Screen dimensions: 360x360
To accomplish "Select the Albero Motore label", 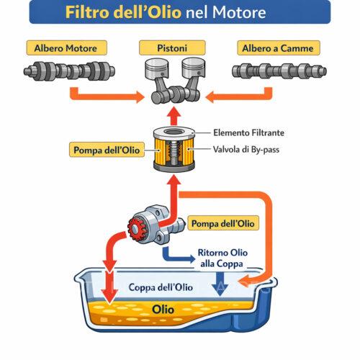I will point(66,48).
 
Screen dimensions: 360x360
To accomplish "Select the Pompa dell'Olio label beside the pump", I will point(221,224).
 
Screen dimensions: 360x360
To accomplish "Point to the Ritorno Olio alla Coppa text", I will point(222,258).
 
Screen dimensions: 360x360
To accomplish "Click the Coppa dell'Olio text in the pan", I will point(160,287).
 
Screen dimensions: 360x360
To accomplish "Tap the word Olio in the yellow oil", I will point(165,310).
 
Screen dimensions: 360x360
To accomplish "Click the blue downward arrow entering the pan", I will point(217,286).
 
